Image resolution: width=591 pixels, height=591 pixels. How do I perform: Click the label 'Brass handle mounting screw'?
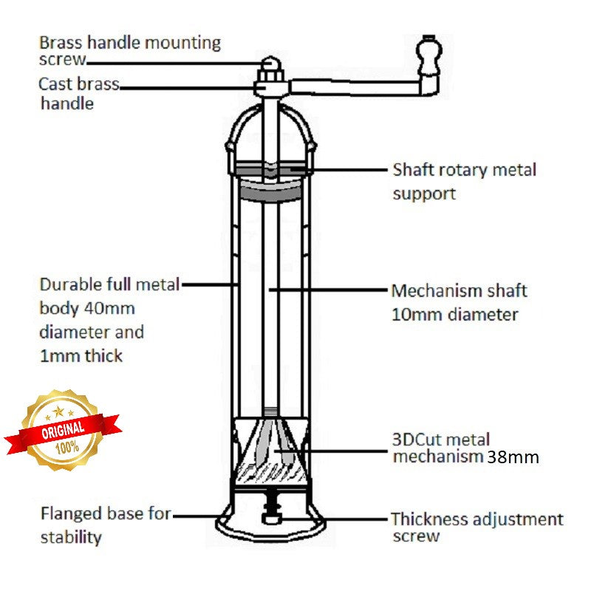point(129,50)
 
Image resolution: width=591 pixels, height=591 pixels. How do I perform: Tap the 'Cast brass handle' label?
point(78,93)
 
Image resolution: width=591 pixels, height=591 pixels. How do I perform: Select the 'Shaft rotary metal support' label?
point(464,182)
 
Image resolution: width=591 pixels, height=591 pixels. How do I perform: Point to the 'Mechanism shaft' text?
point(459,290)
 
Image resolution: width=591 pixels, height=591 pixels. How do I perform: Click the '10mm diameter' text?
point(454,315)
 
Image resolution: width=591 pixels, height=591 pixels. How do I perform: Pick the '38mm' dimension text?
point(512,457)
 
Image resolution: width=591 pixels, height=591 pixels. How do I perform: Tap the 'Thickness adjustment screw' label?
point(476,527)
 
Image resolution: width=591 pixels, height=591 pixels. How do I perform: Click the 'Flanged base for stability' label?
point(105,525)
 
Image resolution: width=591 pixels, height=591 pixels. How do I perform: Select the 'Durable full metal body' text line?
point(109,285)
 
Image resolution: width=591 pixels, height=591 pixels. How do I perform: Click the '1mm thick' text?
point(81,355)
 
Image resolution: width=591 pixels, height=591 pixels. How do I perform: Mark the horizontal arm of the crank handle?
point(355,87)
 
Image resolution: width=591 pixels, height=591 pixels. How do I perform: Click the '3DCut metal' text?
point(440,440)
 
